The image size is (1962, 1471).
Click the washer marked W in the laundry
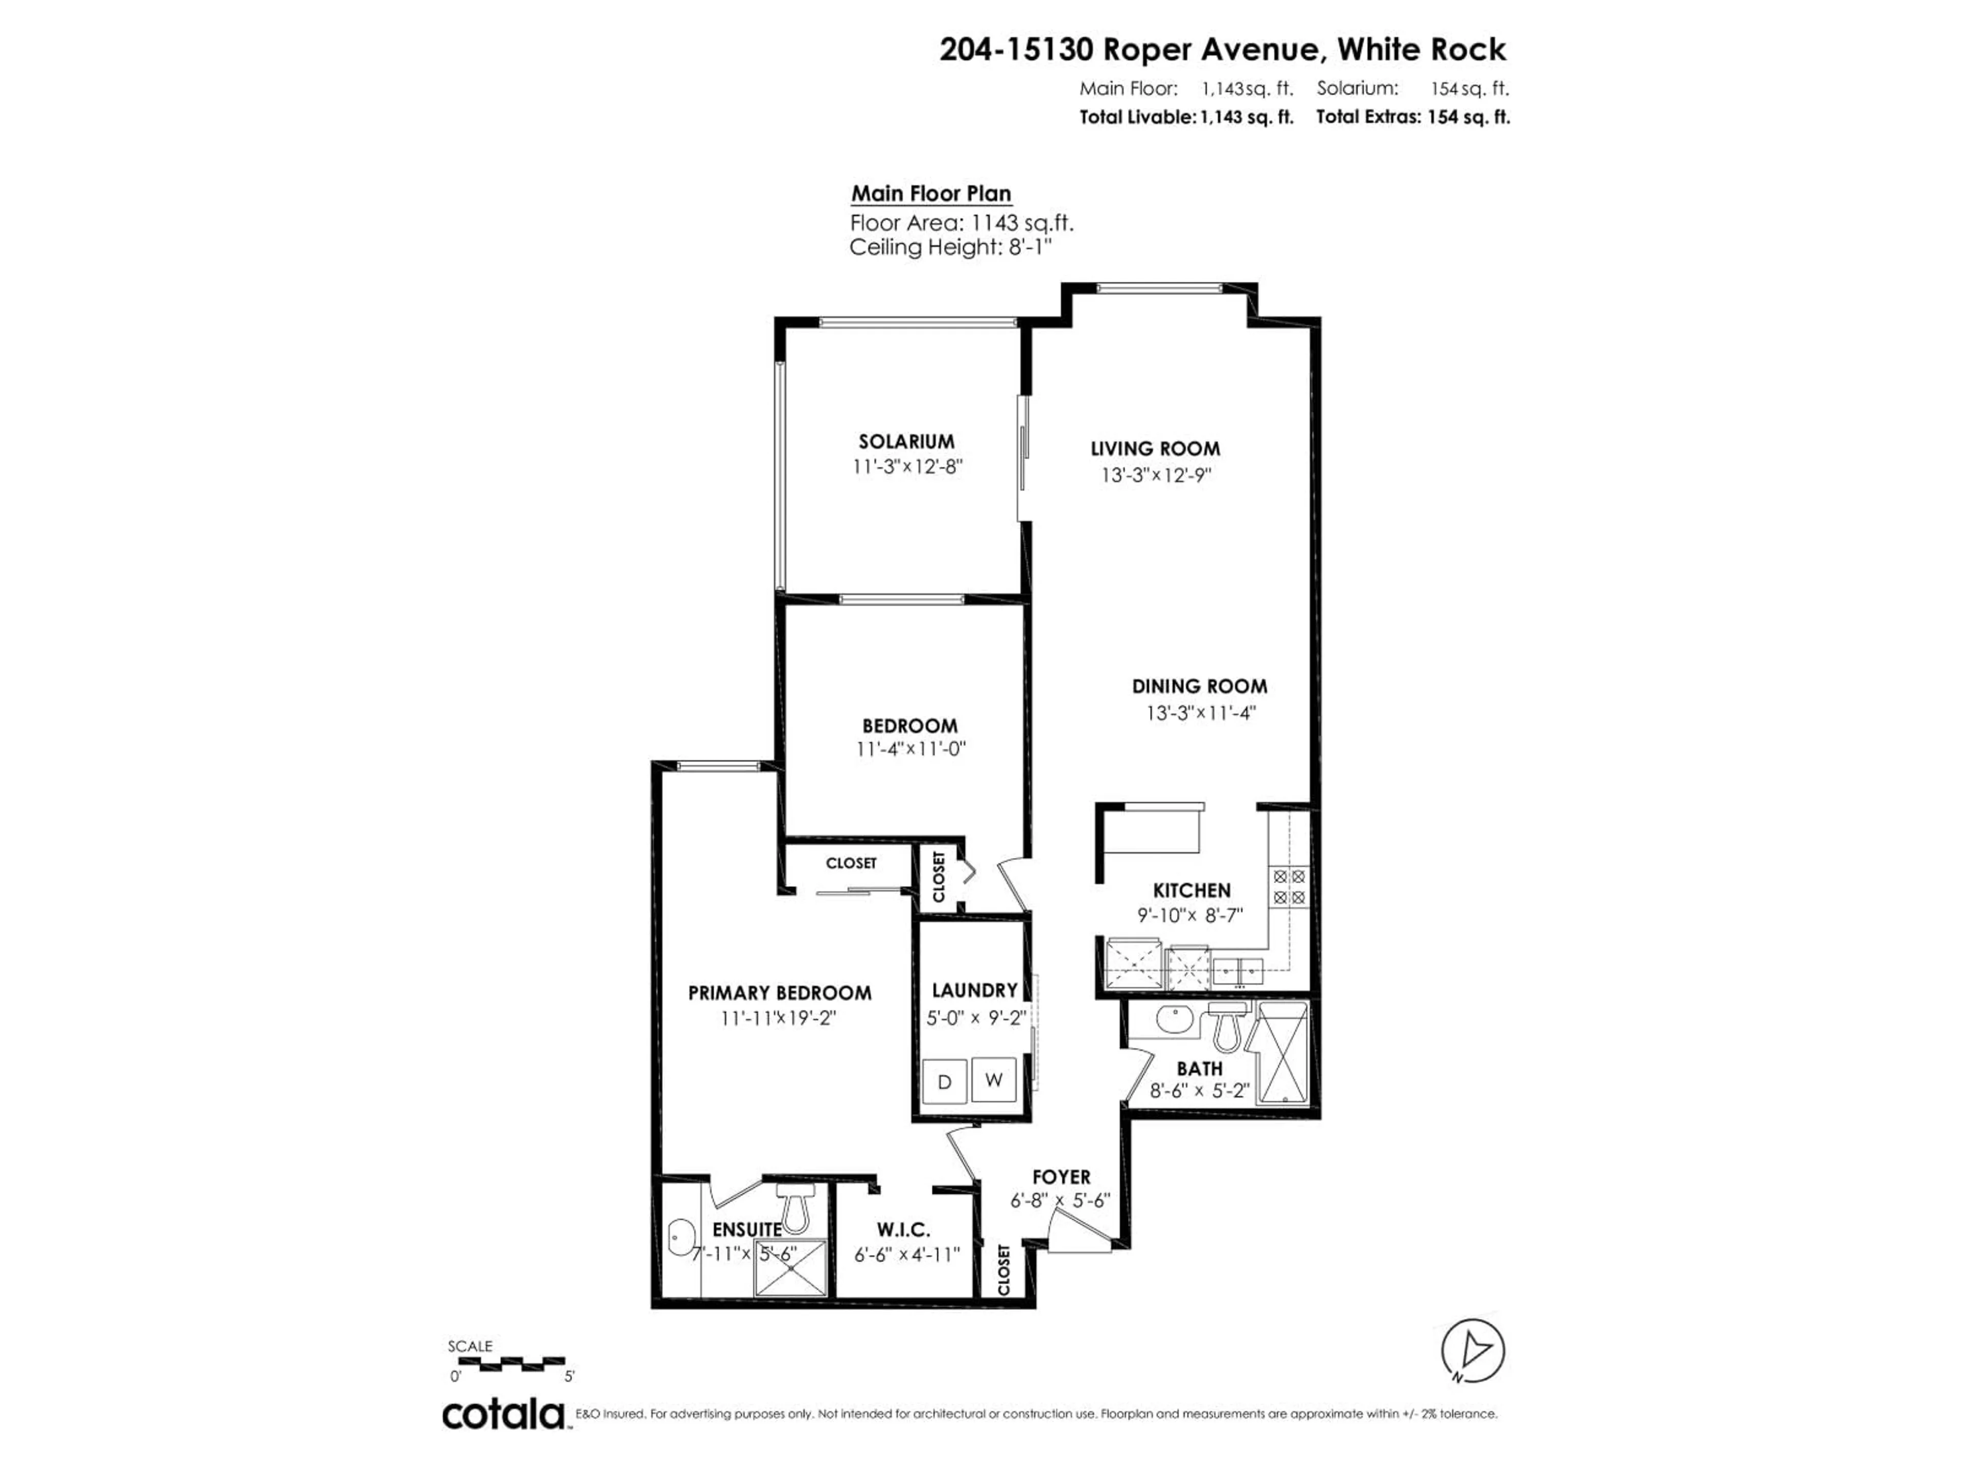(x=993, y=1080)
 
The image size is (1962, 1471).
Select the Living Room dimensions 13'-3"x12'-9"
(x=1156, y=475)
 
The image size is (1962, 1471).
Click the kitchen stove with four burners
(x=1289, y=887)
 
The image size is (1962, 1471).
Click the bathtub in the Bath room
(x=1282, y=1053)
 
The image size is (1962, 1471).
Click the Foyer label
(x=1061, y=1177)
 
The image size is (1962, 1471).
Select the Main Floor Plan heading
(x=930, y=194)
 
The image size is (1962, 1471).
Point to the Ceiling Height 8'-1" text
(x=950, y=247)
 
